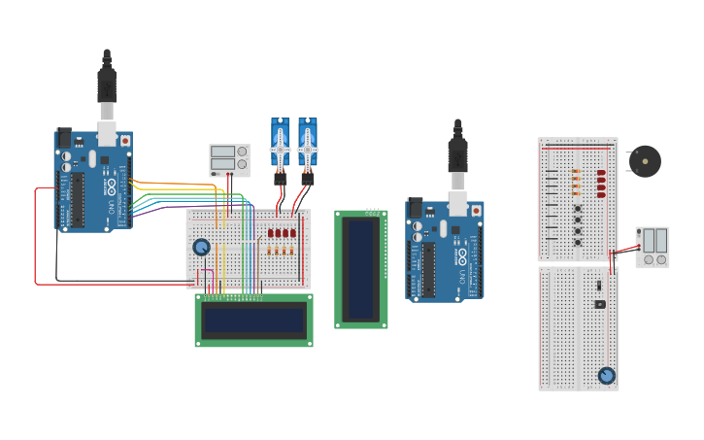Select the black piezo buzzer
point(644,160)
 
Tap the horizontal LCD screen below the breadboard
point(253,320)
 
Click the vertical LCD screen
point(361,269)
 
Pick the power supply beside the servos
point(229,158)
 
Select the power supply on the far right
point(652,246)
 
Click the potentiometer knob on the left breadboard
point(201,247)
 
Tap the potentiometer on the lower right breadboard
point(607,375)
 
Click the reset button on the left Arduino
point(124,141)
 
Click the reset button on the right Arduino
point(476,211)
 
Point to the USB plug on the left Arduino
point(107,87)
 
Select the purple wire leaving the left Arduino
point(165,207)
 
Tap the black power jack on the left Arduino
point(64,137)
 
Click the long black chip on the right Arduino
point(429,269)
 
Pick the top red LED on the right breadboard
point(601,172)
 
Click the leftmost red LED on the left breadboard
point(271,233)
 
